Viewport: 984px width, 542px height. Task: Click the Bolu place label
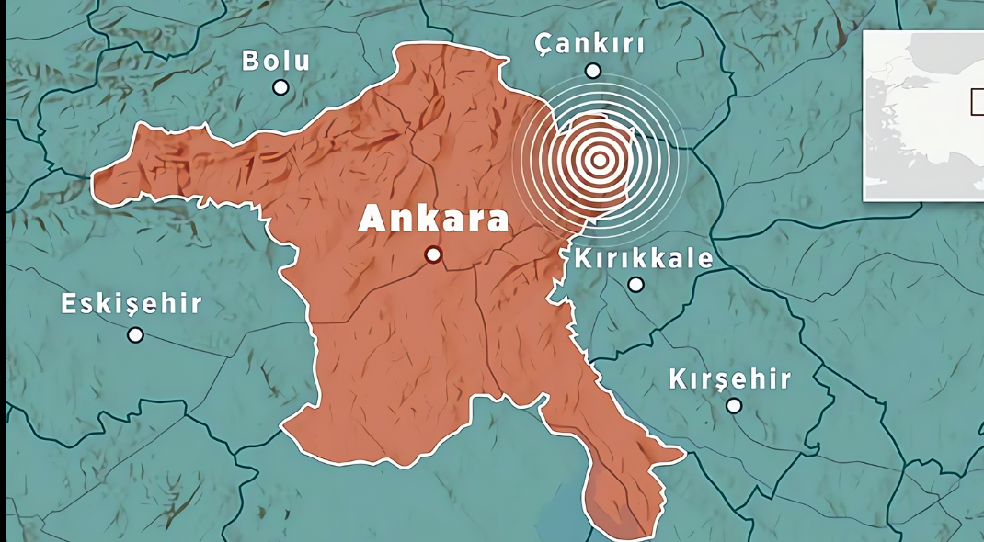pyautogui.click(x=276, y=62)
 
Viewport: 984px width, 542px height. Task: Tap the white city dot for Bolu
pyautogui.click(x=280, y=87)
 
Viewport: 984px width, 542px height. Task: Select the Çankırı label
pyautogui.click(x=589, y=44)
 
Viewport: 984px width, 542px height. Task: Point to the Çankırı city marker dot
pyautogui.click(x=593, y=71)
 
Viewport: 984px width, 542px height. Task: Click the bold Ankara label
pyautogui.click(x=433, y=219)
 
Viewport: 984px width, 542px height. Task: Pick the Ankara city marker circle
pyautogui.click(x=433, y=254)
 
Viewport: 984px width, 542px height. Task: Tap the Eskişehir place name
pyautogui.click(x=132, y=305)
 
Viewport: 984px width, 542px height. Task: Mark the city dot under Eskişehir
pyautogui.click(x=135, y=334)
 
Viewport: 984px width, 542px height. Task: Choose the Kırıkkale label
pyautogui.click(x=643, y=258)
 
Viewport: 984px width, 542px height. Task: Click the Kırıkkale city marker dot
pyautogui.click(x=635, y=284)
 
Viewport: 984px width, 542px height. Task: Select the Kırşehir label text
pyautogui.click(x=729, y=378)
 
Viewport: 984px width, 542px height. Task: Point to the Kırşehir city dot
pyautogui.click(x=733, y=405)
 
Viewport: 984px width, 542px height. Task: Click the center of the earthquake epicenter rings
pyautogui.click(x=599, y=160)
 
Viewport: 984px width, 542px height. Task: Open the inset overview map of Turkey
pyautogui.click(x=922, y=115)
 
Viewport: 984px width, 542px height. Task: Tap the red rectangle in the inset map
pyautogui.click(x=978, y=101)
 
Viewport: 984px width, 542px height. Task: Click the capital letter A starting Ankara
pyautogui.click(x=371, y=219)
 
